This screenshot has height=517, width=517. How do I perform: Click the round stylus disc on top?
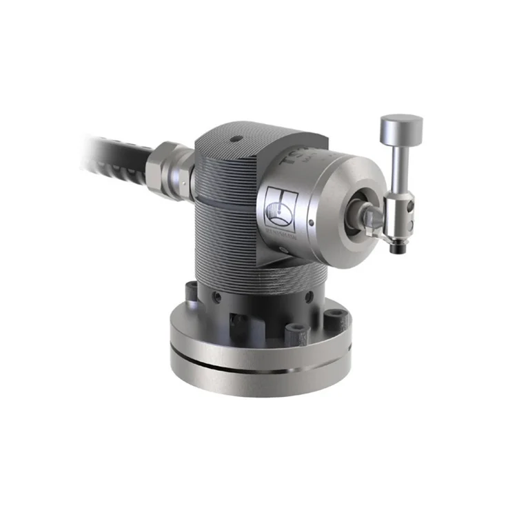point(401,127)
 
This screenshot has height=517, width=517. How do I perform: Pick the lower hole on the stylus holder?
point(411,223)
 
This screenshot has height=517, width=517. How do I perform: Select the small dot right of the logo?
point(312,222)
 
